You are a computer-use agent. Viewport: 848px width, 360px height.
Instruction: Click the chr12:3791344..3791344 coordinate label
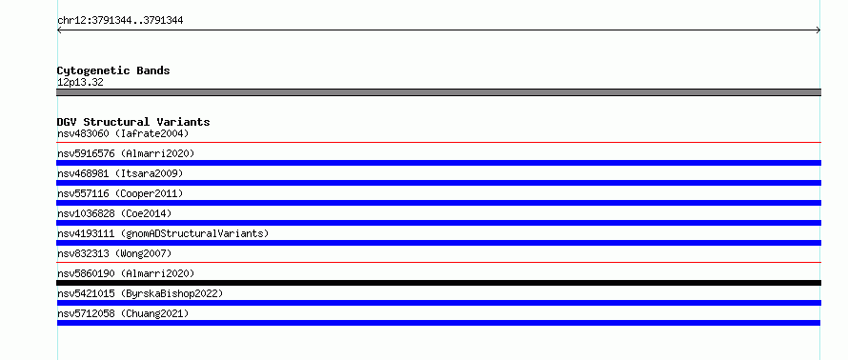click(120, 21)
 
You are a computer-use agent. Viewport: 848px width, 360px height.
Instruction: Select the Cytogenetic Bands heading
click(113, 70)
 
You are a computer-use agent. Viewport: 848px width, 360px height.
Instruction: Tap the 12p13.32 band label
click(80, 83)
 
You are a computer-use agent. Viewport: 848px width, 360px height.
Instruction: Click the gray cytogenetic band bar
click(438, 92)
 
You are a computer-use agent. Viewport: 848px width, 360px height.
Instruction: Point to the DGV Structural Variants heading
click(133, 122)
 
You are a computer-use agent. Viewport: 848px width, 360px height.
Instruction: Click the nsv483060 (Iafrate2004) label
click(123, 133)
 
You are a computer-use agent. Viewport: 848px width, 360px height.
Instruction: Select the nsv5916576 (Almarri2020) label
click(126, 153)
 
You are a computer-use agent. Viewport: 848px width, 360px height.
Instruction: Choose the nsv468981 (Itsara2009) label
click(120, 173)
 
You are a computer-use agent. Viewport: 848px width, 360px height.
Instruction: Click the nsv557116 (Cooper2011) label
click(120, 193)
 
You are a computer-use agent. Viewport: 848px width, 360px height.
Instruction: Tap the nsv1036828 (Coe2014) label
click(114, 213)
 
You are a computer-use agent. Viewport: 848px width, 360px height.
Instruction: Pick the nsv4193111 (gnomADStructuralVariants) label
click(163, 233)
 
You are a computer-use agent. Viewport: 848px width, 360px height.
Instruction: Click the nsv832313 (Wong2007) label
click(114, 253)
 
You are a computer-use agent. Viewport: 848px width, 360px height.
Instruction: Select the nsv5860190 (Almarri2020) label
click(126, 273)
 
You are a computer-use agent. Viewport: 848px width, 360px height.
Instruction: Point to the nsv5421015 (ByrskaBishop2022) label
click(140, 293)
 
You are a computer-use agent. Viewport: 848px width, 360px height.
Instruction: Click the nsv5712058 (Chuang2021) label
click(123, 313)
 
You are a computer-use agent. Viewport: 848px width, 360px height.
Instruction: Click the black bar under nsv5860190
click(438, 283)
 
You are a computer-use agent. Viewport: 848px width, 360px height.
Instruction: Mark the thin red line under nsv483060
click(438, 142)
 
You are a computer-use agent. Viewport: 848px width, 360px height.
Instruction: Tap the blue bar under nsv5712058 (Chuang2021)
click(438, 323)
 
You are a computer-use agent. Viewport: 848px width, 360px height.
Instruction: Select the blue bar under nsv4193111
click(438, 243)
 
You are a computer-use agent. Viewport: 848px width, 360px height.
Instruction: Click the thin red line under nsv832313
click(438, 262)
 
